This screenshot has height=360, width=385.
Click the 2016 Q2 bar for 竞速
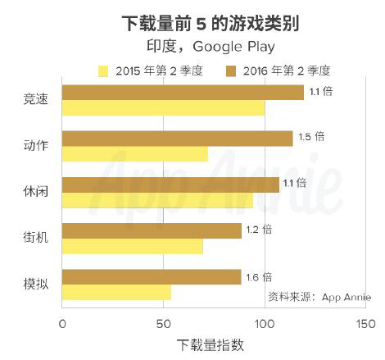183,93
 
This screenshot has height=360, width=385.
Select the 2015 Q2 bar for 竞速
163,107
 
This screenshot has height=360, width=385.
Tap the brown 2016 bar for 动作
178,139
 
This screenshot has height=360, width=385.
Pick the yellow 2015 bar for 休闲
157,200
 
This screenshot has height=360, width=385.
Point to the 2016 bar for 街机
152,230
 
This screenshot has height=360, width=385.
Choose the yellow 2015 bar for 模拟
116,292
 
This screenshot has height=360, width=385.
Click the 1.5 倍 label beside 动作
311,137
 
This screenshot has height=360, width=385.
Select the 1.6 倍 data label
259,277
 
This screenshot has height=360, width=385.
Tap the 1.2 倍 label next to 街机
259,230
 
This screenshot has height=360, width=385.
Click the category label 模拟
36,285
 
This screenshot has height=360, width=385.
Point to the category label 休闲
36,192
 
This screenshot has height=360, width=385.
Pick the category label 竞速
36,99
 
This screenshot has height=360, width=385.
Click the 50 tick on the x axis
163,324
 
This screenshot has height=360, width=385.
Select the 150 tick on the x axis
366,324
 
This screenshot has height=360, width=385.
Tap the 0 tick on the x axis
62,324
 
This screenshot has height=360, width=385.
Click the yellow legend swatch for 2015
103,71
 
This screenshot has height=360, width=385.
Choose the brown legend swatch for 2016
231,71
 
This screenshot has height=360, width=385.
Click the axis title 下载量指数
210,345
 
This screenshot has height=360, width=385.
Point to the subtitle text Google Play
233,47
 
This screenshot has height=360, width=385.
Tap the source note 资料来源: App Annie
319,297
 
